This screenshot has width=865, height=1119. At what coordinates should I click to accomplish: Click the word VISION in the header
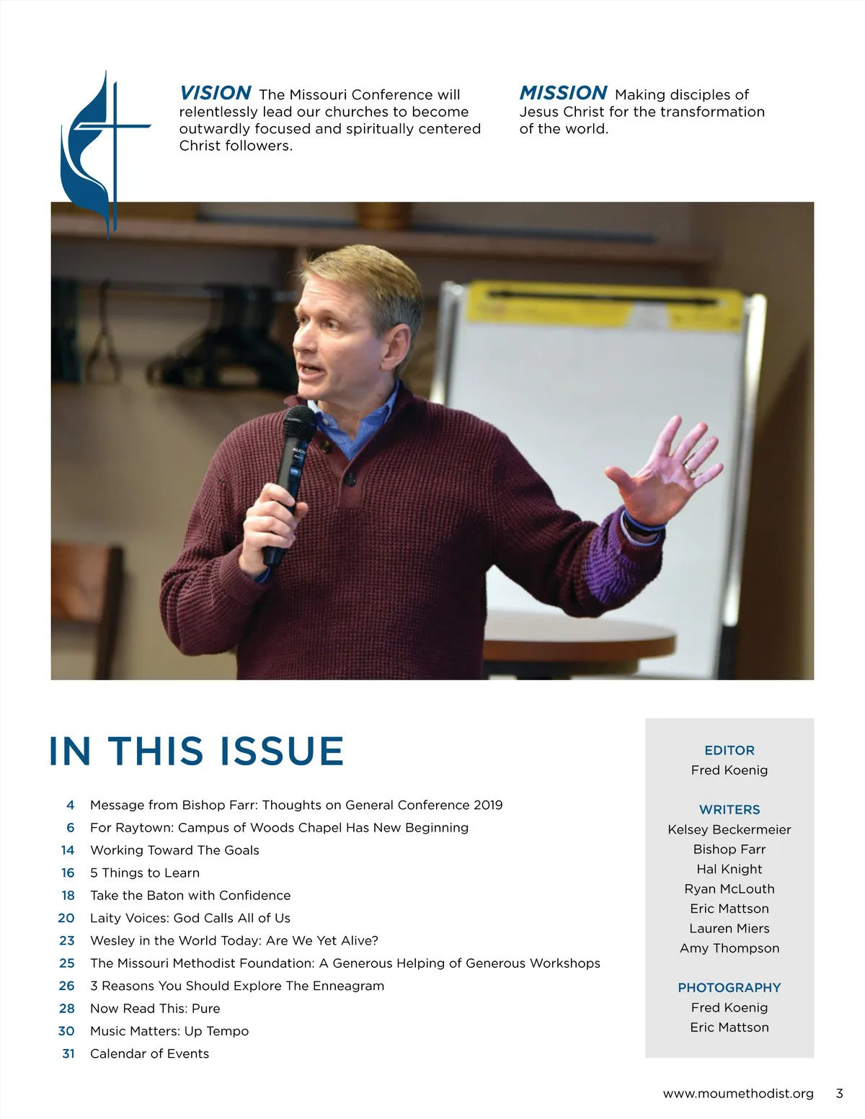click(215, 93)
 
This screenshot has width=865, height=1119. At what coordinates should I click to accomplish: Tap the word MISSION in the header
click(563, 93)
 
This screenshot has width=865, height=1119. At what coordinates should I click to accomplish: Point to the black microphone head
click(298, 424)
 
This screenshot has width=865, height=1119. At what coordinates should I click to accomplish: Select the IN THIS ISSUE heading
click(196, 751)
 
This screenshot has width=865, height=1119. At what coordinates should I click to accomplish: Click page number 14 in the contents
click(68, 850)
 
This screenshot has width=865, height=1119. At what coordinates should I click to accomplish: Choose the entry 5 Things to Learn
click(145, 873)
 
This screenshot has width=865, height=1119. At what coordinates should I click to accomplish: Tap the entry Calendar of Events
click(149, 1053)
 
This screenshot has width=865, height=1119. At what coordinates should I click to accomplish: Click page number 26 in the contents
click(67, 986)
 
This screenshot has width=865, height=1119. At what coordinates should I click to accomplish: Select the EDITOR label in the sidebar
click(729, 750)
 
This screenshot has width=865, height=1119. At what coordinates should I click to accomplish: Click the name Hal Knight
click(729, 869)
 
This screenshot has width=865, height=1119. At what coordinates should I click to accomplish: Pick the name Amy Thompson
click(729, 948)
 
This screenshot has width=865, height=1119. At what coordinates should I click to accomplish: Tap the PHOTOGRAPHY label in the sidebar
click(729, 988)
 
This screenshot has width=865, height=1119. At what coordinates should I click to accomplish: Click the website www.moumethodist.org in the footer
click(738, 1094)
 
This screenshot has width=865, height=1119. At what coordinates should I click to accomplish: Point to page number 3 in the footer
click(839, 1094)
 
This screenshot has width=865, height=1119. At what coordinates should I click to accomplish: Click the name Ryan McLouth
click(729, 889)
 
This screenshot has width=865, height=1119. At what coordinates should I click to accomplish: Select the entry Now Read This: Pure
click(155, 1008)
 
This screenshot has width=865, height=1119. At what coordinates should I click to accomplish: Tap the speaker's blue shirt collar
click(360, 425)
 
